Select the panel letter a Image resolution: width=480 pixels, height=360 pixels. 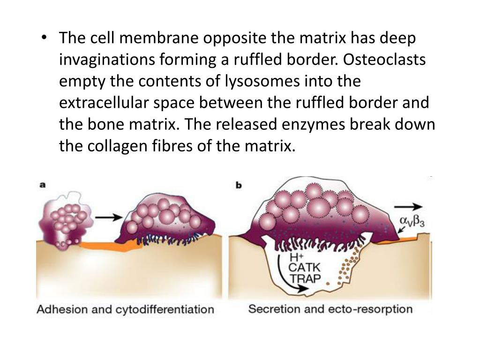43,185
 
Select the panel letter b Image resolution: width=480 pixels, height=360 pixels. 238,185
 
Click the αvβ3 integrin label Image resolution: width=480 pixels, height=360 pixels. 413,220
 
